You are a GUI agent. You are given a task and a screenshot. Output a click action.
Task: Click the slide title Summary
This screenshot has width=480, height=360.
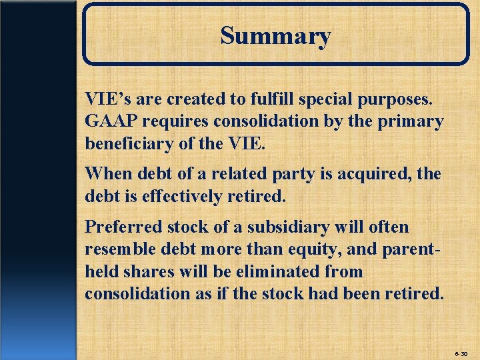275,35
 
